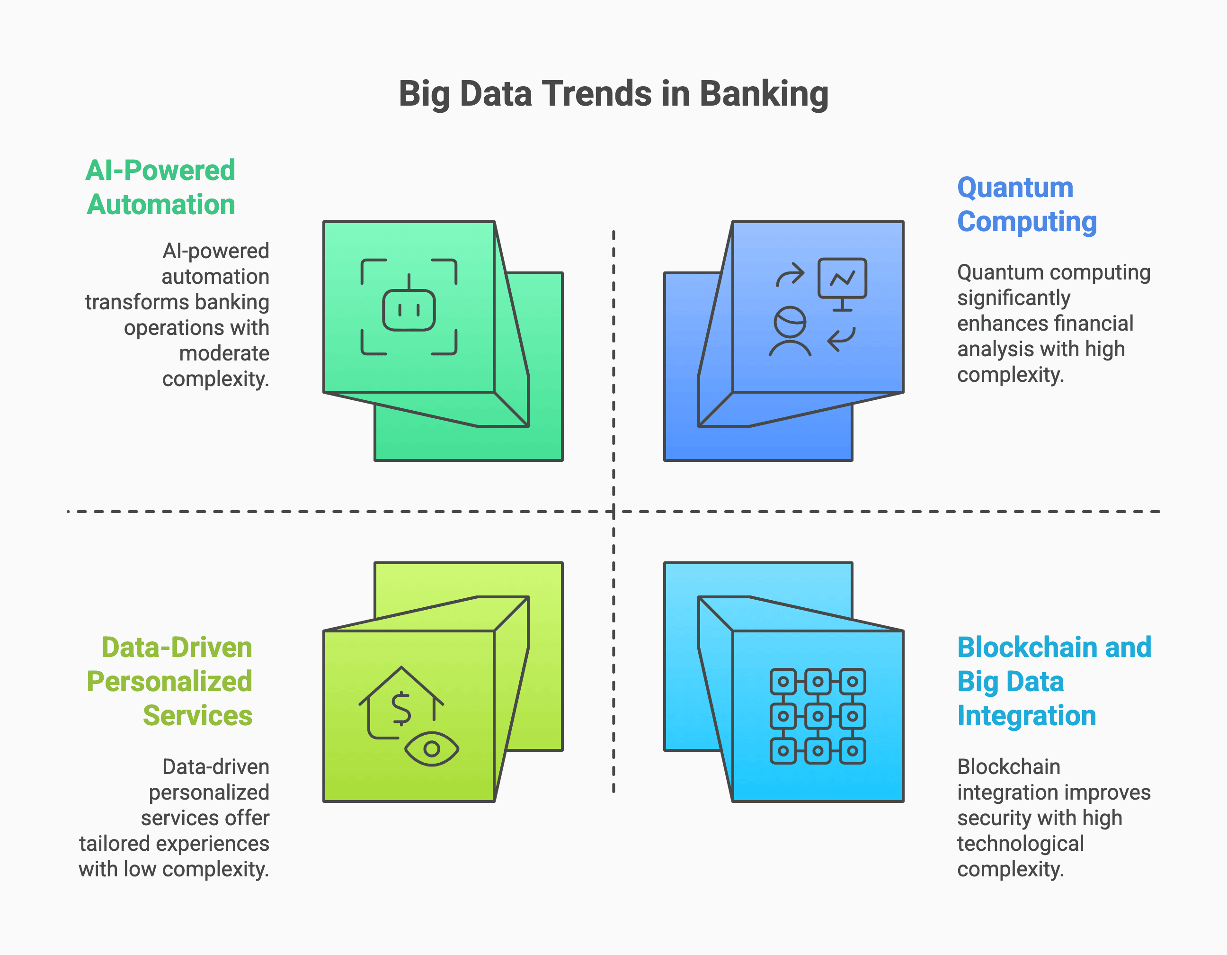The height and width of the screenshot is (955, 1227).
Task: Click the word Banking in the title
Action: pyautogui.click(x=764, y=94)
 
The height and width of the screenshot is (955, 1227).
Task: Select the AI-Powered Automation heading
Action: pyautogui.click(x=160, y=187)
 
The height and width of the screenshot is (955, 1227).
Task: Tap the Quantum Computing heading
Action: pyautogui.click(x=1027, y=205)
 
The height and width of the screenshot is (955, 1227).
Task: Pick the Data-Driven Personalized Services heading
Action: pyautogui.click(x=169, y=681)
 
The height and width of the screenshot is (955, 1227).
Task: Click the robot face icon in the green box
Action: pyautogui.click(x=409, y=307)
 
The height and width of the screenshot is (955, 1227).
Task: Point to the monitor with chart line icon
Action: pyautogui.click(x=842, y=284)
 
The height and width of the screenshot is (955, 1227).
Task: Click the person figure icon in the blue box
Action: pyautogui.click(x=790, y=332)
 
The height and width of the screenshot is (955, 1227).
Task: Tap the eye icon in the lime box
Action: pyautogui.click(x=431, y=749)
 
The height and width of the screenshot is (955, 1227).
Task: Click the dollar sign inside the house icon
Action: pyautogui.click(x=401, y=708)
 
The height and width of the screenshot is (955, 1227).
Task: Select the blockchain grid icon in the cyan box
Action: pyautogui.click(x=818, y=716)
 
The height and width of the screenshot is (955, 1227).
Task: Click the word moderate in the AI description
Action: pyautogui.click(x=224, y=353)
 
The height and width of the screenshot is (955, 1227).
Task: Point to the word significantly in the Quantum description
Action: pyautogui.click(x=1014, y=298)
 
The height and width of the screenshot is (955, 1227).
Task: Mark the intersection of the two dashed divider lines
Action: pyautogui.click(x=613, y=512)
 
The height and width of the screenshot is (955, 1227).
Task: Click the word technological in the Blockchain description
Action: pyautogui.click(x=1020, y=844)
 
